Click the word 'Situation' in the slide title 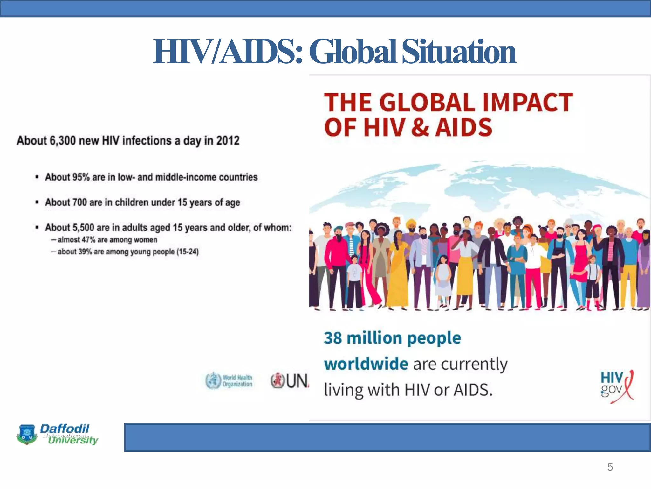tap(459, 52)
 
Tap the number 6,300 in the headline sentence tap(63, 140)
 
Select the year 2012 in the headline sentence tap(228, 140)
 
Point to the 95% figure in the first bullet tap(81, 177)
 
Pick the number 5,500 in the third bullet tap(83, 228)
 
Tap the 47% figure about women tap(89, 240)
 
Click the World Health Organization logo tap(229, 381)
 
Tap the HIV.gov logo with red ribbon tap(617, 386)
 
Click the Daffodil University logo tap(57, 434)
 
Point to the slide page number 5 tap(610, 467)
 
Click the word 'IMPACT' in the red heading tap(528, 103)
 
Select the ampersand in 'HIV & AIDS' tap(420, 127)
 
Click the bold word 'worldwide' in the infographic tap(366, 364)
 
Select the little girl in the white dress tap(443, 280)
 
